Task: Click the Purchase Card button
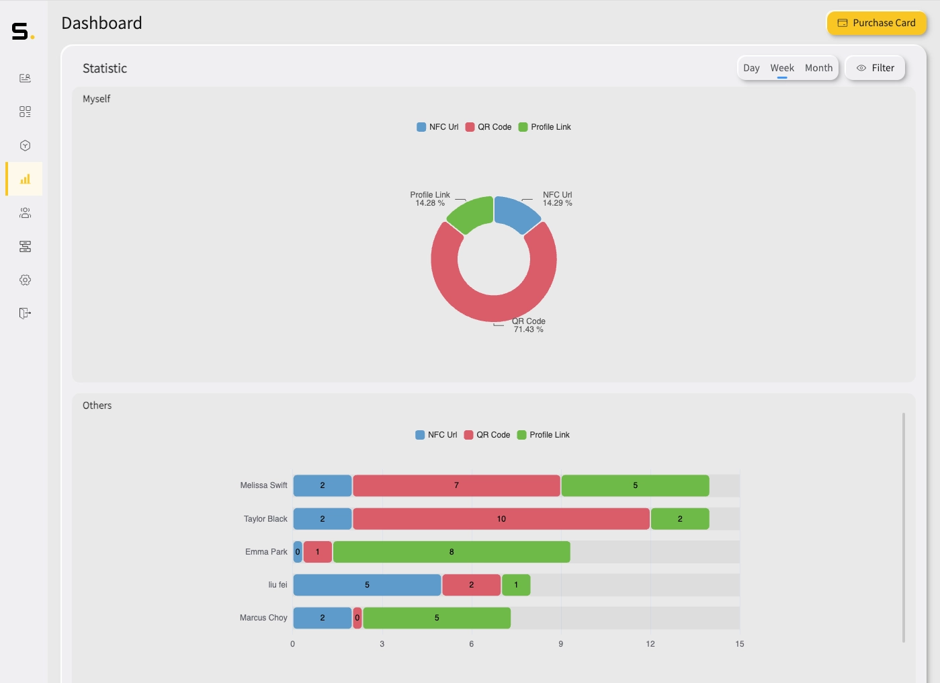point(876,23)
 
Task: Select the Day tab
point(751,68)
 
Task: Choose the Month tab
point(818,68)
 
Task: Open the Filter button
point(875,68)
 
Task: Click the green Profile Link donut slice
point(471,214)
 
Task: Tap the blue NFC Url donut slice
point(515,213)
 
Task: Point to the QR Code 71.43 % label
point(529,325)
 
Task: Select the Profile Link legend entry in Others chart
point(544,435)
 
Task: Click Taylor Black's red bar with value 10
point(501,519)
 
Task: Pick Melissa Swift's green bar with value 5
point(635,485)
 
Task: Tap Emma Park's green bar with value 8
point(452,552)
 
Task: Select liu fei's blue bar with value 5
point(367,585)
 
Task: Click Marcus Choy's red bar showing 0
point(357,618)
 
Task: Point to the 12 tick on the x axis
point(650,644)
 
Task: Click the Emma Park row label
point(266,552)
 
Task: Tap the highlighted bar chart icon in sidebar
point(25,179)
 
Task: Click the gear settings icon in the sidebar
point(25,280)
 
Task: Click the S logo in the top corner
point(22,32)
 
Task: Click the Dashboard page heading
point(102,24)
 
